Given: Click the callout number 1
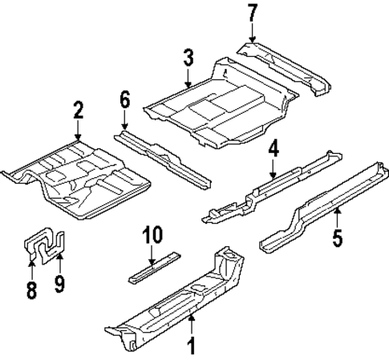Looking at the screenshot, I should (192, 347).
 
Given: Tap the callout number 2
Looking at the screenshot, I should (78, 109).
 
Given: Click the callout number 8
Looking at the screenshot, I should (31, 288).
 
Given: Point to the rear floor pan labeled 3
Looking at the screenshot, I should (221, 104).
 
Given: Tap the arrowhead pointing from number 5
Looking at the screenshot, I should (338, 211).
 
